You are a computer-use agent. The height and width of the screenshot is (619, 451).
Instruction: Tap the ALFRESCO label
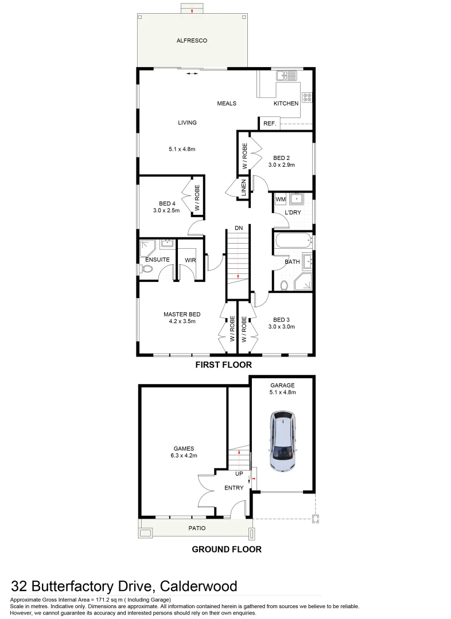click(191, 41)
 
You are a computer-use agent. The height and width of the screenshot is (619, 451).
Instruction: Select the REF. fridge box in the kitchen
click(269, 124)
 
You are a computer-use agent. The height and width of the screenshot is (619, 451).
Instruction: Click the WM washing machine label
click(281, 199)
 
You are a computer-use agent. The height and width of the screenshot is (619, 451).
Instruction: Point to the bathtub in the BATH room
click(292, 240)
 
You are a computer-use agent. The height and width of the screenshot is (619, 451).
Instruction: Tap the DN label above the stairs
click(239, 228)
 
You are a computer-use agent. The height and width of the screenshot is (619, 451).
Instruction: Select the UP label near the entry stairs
click(239, 474)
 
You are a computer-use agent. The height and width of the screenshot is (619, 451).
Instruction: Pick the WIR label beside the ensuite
click(190, 260)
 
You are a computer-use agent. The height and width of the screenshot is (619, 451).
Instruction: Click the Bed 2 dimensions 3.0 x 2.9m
click(281, 165)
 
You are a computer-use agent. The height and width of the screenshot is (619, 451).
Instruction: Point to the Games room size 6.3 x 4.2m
click(184, 456)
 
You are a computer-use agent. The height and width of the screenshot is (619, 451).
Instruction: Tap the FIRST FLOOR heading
click(223, 365)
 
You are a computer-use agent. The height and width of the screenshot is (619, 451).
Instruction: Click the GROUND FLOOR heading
click(226, 549)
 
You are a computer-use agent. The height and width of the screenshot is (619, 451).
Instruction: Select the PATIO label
click(196, 528)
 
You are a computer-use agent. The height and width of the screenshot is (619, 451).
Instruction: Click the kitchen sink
click(285, 75)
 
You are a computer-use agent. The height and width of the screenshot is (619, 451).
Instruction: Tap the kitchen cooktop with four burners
click(307, 98)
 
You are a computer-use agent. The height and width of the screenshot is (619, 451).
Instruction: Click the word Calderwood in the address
click(198, 586)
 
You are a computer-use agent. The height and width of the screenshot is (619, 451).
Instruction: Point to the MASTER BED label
click(182, 314)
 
